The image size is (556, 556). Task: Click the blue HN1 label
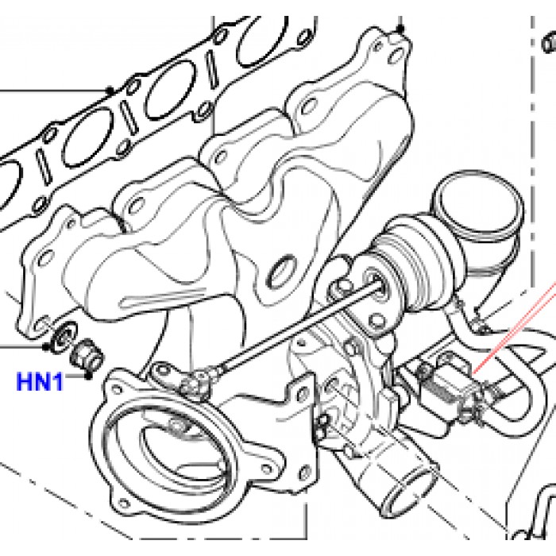[41, 383]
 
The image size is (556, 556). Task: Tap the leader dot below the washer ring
[47, 347]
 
